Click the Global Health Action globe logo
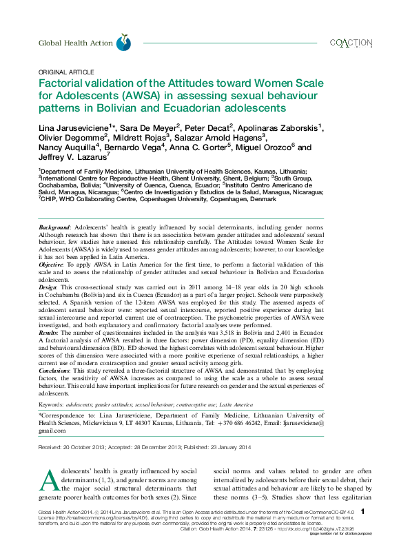123,42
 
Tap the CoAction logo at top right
351,42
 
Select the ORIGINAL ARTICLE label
66,72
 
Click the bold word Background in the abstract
54,227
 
